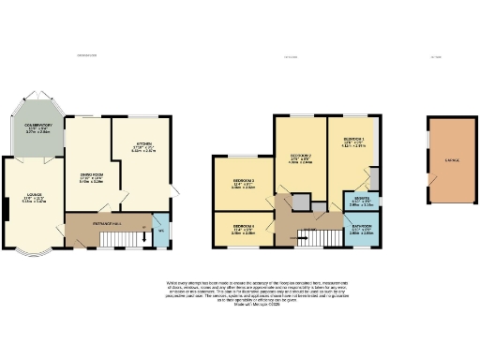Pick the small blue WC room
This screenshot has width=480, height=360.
[x=160, y=231]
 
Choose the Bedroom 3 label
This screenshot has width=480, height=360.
[x=244, y=183]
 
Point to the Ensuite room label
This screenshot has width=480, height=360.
[x=361, y=200]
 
